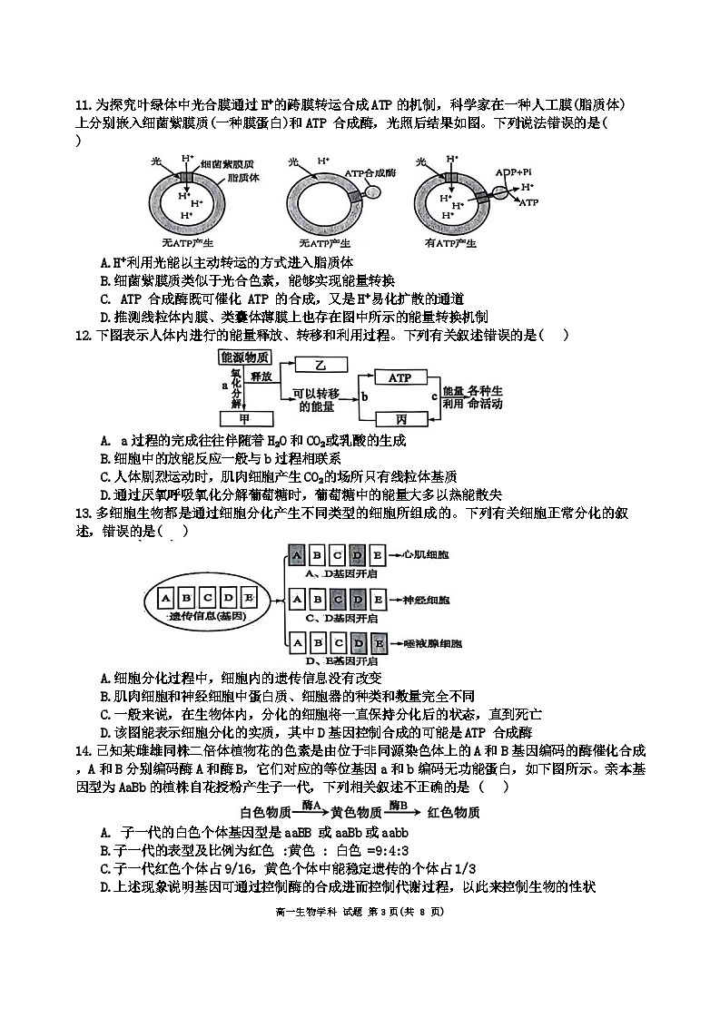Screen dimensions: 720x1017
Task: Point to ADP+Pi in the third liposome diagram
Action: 514,172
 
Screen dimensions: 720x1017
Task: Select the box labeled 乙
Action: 320,365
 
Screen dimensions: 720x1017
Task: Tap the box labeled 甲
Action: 244,419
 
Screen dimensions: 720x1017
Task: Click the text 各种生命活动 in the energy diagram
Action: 486,397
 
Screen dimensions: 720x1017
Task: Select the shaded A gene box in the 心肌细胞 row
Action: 296,555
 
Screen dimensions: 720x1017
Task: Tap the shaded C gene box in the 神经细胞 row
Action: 337,599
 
